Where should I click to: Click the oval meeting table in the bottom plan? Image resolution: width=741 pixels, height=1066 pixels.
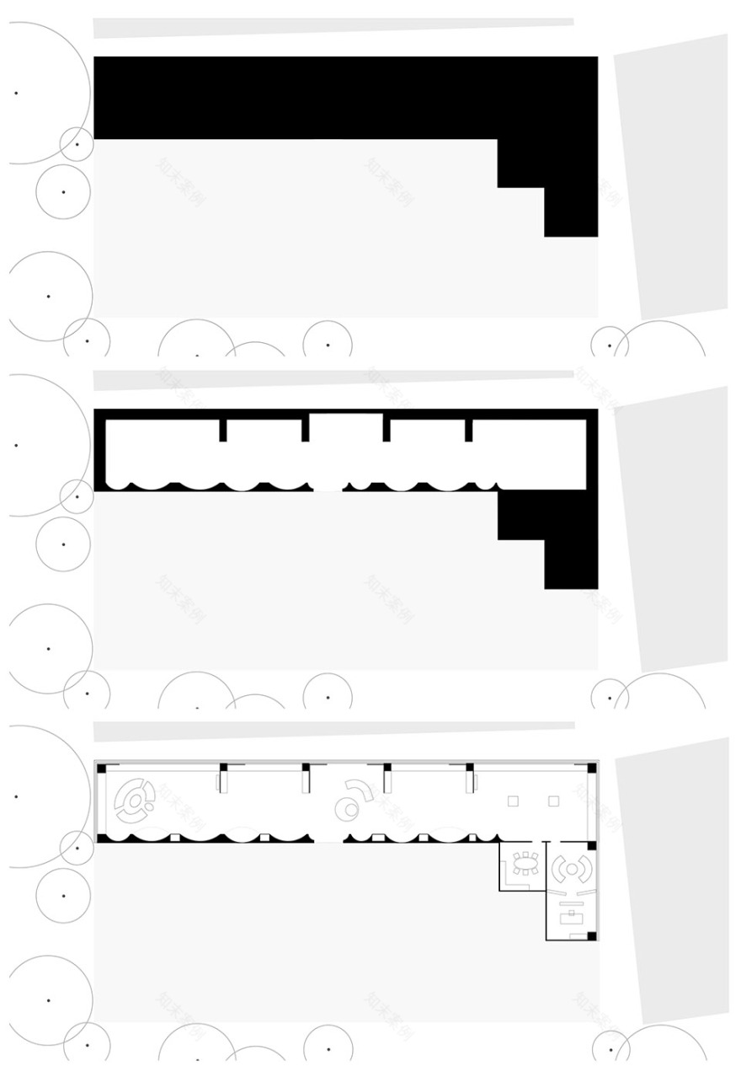pyautogui.click(x=525, y=862)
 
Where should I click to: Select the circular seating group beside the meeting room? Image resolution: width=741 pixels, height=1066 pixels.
pyautogui.click(x=572, y=869)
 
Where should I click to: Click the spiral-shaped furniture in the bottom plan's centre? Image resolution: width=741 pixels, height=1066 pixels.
pyautogui.click(x=351, y=801)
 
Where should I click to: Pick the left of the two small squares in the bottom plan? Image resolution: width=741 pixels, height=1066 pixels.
pyautogui.click(x=512, y=801)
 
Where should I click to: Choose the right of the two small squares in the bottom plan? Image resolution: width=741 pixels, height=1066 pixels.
pyautogui.click(x=553, y=801)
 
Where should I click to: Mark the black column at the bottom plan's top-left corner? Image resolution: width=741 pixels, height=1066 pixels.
pyautogui.click(x=101, y=768)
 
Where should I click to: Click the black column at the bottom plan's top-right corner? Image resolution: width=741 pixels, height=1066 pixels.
pyautogui.click(x=592, y=768)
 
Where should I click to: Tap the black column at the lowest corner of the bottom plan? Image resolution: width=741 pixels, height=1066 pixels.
pyautogui.click(x=591, y=935)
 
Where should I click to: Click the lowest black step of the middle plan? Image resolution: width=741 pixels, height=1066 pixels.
pyautogui.click(x=571, y=564)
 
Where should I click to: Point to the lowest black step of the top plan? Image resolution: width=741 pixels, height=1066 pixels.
pyautogui.click(x=571, y=212)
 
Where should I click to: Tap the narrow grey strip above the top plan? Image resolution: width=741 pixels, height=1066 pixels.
pyautogui.click(x=333, y=27)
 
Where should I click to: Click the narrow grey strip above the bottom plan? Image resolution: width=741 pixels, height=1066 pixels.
pyautogui.click(x=333, y=730)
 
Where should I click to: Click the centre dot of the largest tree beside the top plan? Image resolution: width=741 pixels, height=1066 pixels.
pyautogui.click(x=16, y=93)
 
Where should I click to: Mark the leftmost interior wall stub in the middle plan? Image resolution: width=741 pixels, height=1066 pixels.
pyautogui.click(x=223, y=429)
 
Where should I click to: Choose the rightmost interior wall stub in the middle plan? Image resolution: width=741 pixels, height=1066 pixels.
pyautogui.click(x=468, y=429)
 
